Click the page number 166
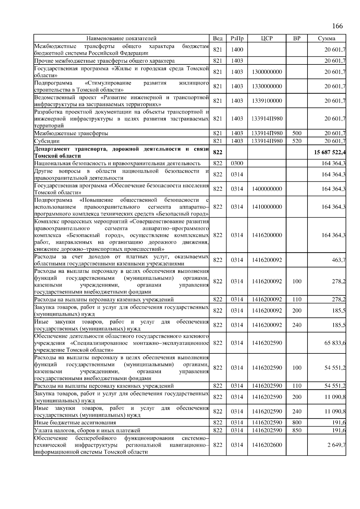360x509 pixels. click(337, 26)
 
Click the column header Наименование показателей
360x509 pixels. click(121, 38)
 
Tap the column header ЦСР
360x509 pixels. click(266, 38)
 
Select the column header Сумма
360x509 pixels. click(326, 38)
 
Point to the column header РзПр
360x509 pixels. click(237, 38)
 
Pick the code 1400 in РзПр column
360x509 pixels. click(237, 50)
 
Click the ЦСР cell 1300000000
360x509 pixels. click(267, 72)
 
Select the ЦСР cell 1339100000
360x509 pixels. click(267, 101)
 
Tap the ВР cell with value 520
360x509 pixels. click(296, 141)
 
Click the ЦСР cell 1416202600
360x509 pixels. click(267, 445)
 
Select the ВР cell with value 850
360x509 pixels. click(296, 430)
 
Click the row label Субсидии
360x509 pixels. click(47, 141)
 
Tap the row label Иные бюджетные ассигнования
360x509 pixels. click(75, 423)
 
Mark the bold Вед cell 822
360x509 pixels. click(217, 152)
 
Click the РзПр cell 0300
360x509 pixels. click(237, 163)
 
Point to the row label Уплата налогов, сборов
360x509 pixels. click(87, 430)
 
